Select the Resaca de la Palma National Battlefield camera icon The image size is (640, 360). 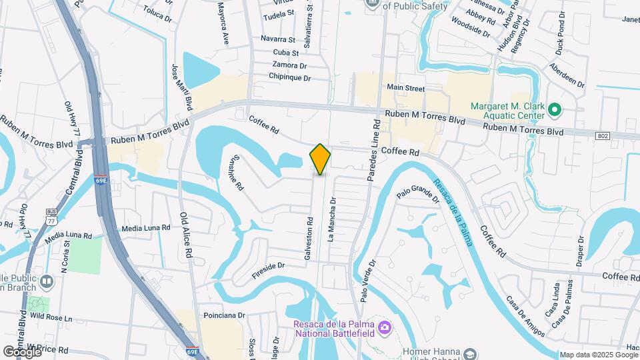point(383,327)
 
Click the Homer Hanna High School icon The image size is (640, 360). point(471,353)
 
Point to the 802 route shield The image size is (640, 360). point(603,136)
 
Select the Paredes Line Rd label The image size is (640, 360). point(375,151)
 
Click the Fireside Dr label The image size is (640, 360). point(269,269)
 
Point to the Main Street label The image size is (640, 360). point(405,87)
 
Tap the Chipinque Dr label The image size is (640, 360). point(290,78)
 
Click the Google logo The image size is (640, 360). point(22,351)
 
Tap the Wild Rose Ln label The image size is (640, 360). point(50,316)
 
